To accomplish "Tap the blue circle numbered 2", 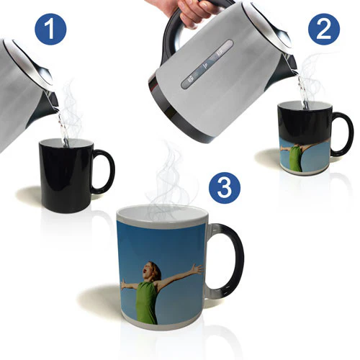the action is pyautogui.click(x=324, y=30).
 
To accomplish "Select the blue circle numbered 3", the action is pyautogui.click(x=225, y=188).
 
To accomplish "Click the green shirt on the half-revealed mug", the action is pyautogui.click(x=296, y=158).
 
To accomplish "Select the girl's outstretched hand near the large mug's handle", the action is pyautogui.click(x=197, y=269).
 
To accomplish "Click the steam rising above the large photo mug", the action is pyautogui.click(x=168, y=182).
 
